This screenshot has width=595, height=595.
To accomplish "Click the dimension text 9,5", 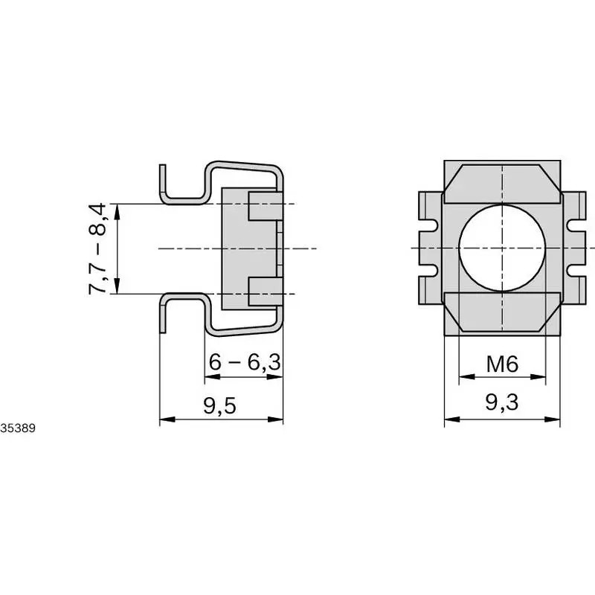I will pos(220,406).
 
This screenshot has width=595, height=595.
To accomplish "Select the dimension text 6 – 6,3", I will pos(244,363).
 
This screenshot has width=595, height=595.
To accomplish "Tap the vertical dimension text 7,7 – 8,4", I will pos(103,248).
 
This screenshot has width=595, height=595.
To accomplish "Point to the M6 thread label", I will pos(502,364).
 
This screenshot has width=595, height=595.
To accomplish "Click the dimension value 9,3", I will pos(502,403).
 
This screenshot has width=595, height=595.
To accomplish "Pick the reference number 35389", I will pos(16,428).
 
